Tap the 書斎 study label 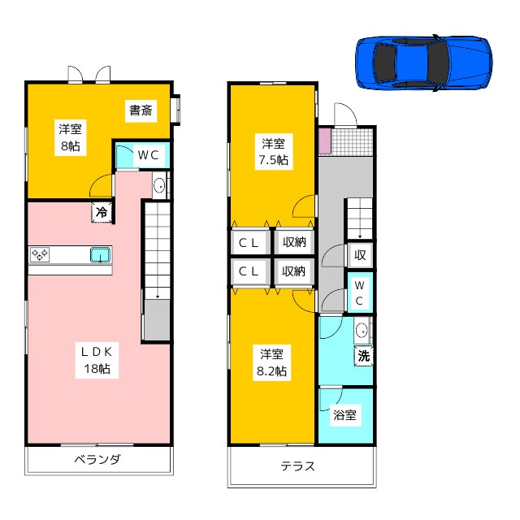(x=141, y=110)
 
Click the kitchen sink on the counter (x=100, y=255)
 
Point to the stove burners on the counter (x=41, y=255)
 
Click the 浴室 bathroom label (x=344, y=415)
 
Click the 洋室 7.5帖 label (x=272, y=151)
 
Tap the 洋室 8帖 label (x=68, y=136)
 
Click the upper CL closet (x=249, y=241)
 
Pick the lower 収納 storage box (x=294, y=271)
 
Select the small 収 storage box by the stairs (x=359, y=255)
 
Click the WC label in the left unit (x=147, y=154)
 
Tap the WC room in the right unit (x=360, y=292)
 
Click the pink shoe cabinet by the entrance (x=325, y=141)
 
